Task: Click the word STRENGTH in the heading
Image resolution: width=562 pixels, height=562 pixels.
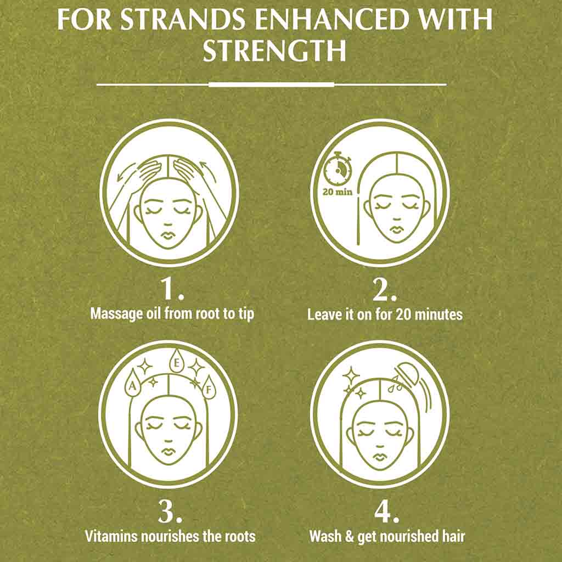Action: pyautogui.click(x=274, y=51)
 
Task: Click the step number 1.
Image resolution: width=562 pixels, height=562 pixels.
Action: pyautogui.click(x=171, y=289)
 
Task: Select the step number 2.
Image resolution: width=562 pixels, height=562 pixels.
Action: pyautogui.click(x=384, y=289)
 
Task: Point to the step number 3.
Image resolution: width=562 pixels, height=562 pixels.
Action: pyautogui.click(x=170, y=511)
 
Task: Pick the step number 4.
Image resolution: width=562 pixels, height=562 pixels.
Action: pyautogui.click(x=386, y=511)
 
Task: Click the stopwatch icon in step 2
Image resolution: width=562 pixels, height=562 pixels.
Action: pyautogui.click(x=338, y=167)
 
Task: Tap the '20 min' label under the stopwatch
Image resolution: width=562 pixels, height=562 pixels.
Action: pyautogui.click(x=338, y=192)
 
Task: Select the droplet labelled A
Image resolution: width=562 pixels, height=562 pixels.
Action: pyautogui.click(x=133, y=385)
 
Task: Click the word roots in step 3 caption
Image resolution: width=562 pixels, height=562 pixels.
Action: pyautogui.click(x=240, y=537)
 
